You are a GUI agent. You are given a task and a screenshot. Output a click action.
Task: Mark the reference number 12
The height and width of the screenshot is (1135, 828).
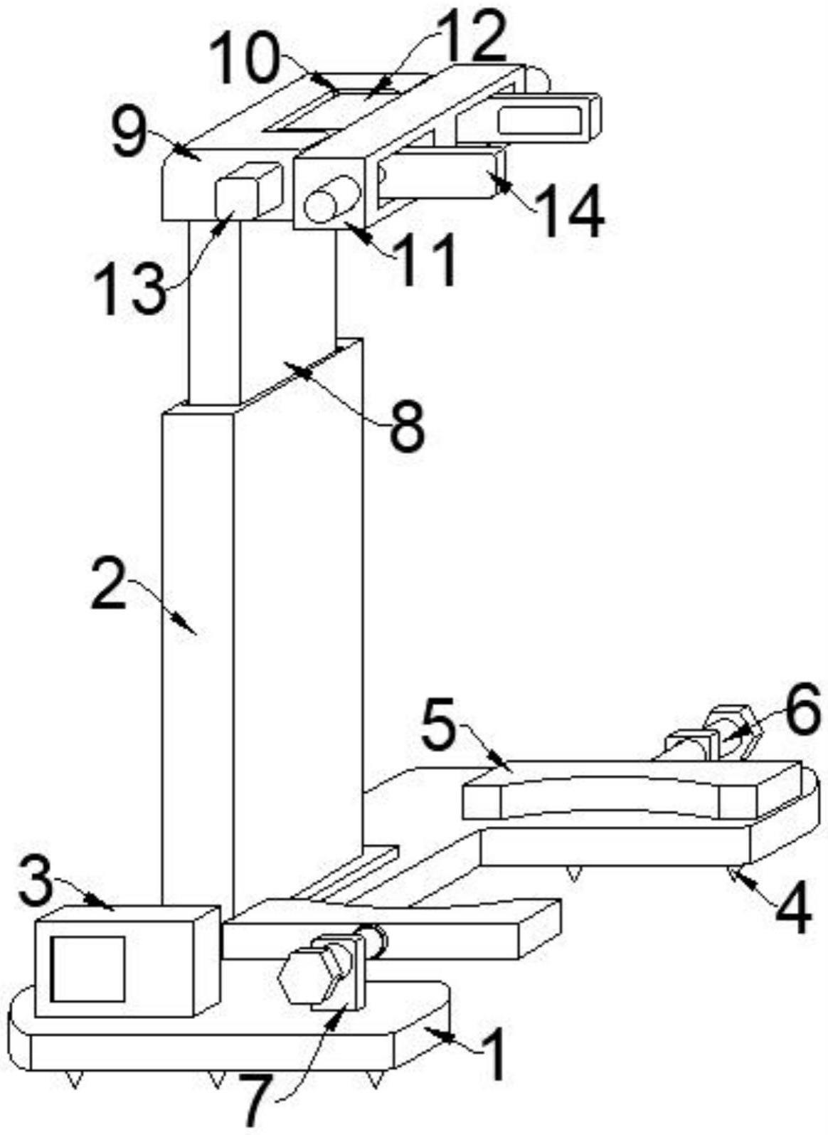coord(471,37)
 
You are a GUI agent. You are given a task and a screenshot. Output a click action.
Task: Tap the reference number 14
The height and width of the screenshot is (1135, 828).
coord(570,210)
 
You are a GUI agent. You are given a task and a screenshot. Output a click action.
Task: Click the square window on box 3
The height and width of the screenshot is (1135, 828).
coord(88,968)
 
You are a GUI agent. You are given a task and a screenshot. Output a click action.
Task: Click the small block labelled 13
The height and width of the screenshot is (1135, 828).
coord(245,189)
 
